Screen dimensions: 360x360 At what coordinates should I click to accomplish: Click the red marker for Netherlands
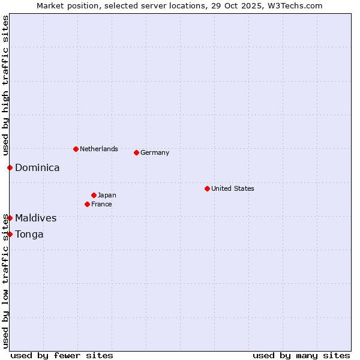click(76, 149)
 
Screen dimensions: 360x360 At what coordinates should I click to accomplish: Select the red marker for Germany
click(136, 152)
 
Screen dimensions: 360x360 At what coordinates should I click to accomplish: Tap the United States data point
click(207, 188)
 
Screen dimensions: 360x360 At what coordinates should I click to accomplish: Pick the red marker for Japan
click(94, 195)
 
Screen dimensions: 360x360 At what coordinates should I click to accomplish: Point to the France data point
click(87, 204)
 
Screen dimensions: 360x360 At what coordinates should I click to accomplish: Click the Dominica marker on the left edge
click(10, 167)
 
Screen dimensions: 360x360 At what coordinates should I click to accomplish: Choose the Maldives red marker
click(10, 218)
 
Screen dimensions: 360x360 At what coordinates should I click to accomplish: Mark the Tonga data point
click(10, 234)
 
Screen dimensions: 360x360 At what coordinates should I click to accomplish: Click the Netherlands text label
click(99, 149)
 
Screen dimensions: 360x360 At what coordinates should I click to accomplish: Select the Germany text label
click(155, 152)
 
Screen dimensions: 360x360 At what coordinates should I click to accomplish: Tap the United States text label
click(233, 188)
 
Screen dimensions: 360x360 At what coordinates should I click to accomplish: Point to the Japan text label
click(107, 195)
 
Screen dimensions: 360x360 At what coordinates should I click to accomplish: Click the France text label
click(101, 204)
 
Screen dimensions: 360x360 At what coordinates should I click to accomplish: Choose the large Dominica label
click(37, 168)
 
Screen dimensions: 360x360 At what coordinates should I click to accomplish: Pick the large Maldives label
click(36, 218)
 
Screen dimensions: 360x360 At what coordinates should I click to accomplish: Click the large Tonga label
click(29, 235)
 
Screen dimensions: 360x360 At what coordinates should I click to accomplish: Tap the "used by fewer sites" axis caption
click(62, 355)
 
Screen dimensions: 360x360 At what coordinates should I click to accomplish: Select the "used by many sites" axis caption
click(301, 355)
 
